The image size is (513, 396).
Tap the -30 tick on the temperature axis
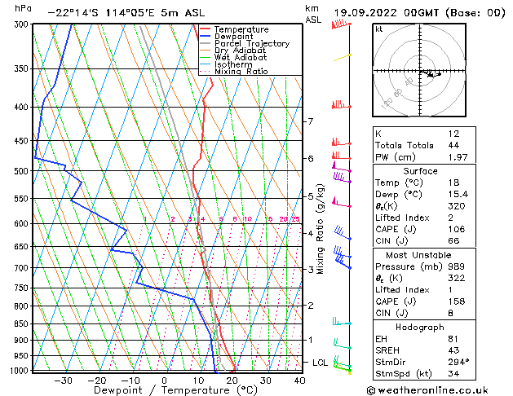pos(61,380)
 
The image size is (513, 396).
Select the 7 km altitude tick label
pos(310,121)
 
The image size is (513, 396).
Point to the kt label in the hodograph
pos(378,29)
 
